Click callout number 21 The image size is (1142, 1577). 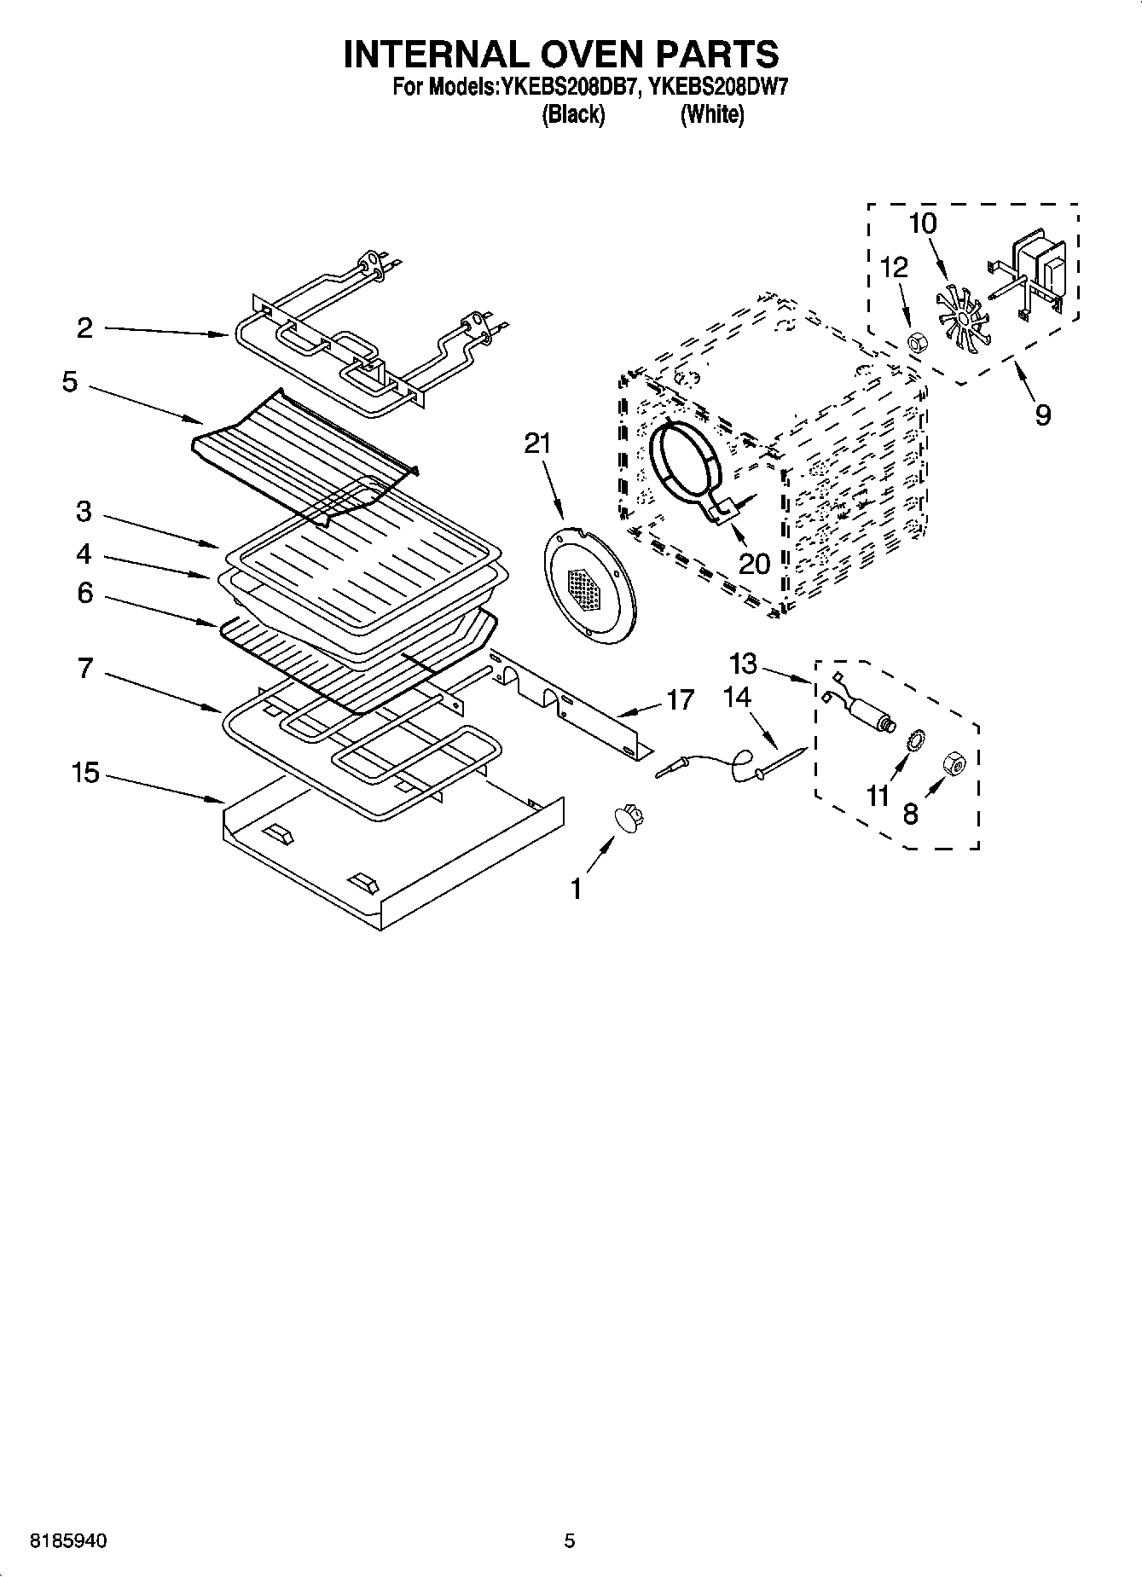[x=537, y=444]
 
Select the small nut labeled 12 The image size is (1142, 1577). [x=917, y=344]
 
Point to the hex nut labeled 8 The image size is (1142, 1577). [x=954, y=764]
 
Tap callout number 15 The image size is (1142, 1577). [x=86, y=774]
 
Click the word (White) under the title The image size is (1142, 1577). [x=711, y=114]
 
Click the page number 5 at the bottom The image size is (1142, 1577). [x=570, y=1540]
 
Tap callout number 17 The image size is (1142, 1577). [x=680, y=700]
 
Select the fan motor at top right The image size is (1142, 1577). [x=1036, y=271]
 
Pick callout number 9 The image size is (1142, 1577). [x=1042, y=415]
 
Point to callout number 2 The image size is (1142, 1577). [x=84, y=328]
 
